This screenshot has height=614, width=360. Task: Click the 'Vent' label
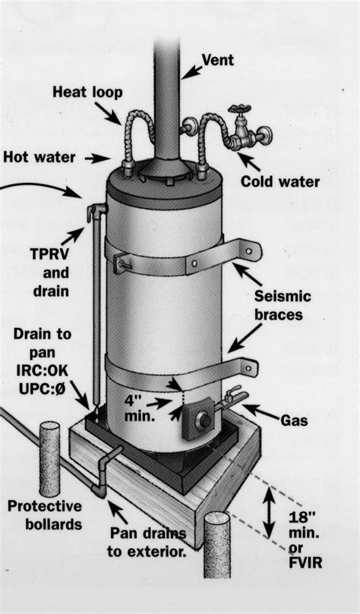217,60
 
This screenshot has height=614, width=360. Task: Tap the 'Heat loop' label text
87,93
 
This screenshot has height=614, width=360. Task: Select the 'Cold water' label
279,181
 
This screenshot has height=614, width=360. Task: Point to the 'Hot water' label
39,157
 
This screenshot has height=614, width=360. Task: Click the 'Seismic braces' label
283,304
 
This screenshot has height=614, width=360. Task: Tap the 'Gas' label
294,420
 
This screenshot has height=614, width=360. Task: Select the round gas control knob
205,420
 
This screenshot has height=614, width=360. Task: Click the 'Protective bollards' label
45,515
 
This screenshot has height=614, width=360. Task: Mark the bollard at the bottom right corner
216,544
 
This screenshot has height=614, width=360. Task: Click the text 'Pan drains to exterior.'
147,543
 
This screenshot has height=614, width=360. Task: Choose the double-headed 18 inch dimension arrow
268,512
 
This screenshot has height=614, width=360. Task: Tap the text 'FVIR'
305,562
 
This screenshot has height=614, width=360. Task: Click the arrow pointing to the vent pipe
191,72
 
